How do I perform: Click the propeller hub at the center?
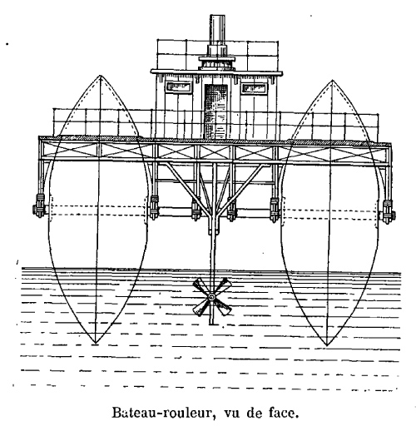coord(211,297)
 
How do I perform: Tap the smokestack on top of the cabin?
coord(217,31)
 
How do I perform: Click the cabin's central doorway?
coord(216,111)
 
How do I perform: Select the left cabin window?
coord(179,87)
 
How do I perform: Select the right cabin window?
coord(254,88)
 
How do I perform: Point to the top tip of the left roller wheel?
coord(101,75)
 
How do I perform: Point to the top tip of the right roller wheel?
coord(332,81)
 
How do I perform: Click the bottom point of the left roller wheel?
coord(95,344)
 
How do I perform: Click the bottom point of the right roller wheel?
coord(327,345)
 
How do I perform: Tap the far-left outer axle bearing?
coord(39,206)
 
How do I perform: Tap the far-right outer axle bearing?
coord(389,211)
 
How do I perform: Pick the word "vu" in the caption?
coord(231,414)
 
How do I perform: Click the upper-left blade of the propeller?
coord(202,287)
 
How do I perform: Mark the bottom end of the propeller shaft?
coord(212,324)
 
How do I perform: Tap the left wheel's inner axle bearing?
coord(154,207)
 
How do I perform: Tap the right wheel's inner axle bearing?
coord(275,210)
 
